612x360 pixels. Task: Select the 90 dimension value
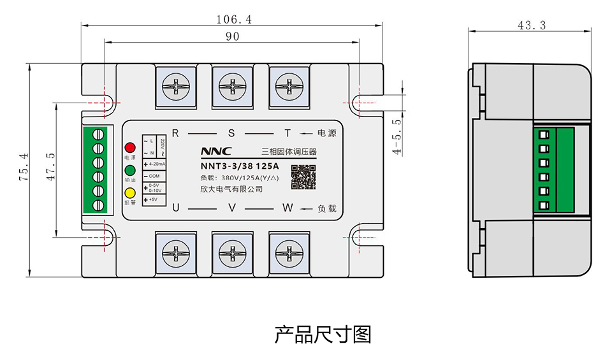tap(232, 37)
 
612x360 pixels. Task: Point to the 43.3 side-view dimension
tap(532, 25)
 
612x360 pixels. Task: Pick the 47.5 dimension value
tap(51, 168)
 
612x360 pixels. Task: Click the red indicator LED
tap(129, 147)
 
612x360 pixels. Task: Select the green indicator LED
tap(129, 170)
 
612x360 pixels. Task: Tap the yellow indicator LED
tap(129, 193)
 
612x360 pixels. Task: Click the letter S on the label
tap(231, 134)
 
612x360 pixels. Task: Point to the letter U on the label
tap(176, 208)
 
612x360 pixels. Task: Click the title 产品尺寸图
tap(323, 334)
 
